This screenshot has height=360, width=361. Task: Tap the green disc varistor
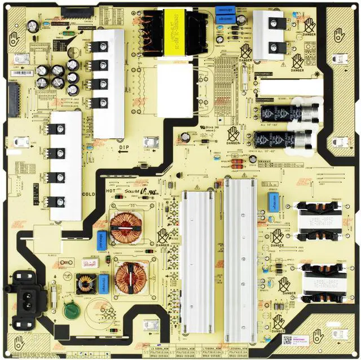[x=71, y=310]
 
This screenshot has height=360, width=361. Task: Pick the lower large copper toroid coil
[x=129, y=277]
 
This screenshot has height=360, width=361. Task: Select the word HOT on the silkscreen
[x=111, y=191]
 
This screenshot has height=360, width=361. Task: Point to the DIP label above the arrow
[x=125, y=147]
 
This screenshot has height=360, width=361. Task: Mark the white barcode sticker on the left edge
[x=23, y=72]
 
